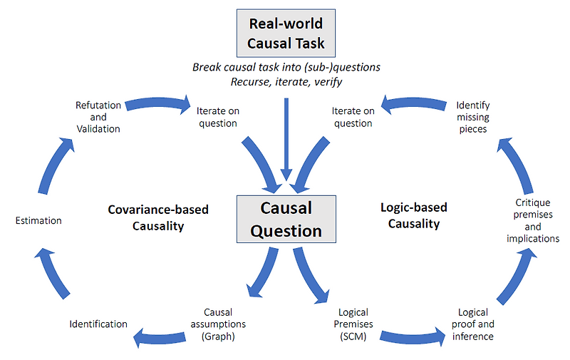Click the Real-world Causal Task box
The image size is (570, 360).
tap(285, 34)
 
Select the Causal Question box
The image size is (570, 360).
tap(285, 220)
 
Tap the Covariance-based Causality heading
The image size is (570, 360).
tap(158, 217)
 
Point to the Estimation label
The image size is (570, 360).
tap(38, 221)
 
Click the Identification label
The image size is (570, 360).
tap(98, 324)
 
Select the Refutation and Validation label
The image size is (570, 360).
tap(98, 117)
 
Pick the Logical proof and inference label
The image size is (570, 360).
tap(473, 324)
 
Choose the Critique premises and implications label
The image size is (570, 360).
tap(533, 221)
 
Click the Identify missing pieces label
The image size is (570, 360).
tap(473, 117)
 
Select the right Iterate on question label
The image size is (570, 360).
tap(353, 117)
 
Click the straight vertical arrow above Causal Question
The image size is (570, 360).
tap(285, 139)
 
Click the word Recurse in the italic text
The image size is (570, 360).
tap(250, 81)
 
